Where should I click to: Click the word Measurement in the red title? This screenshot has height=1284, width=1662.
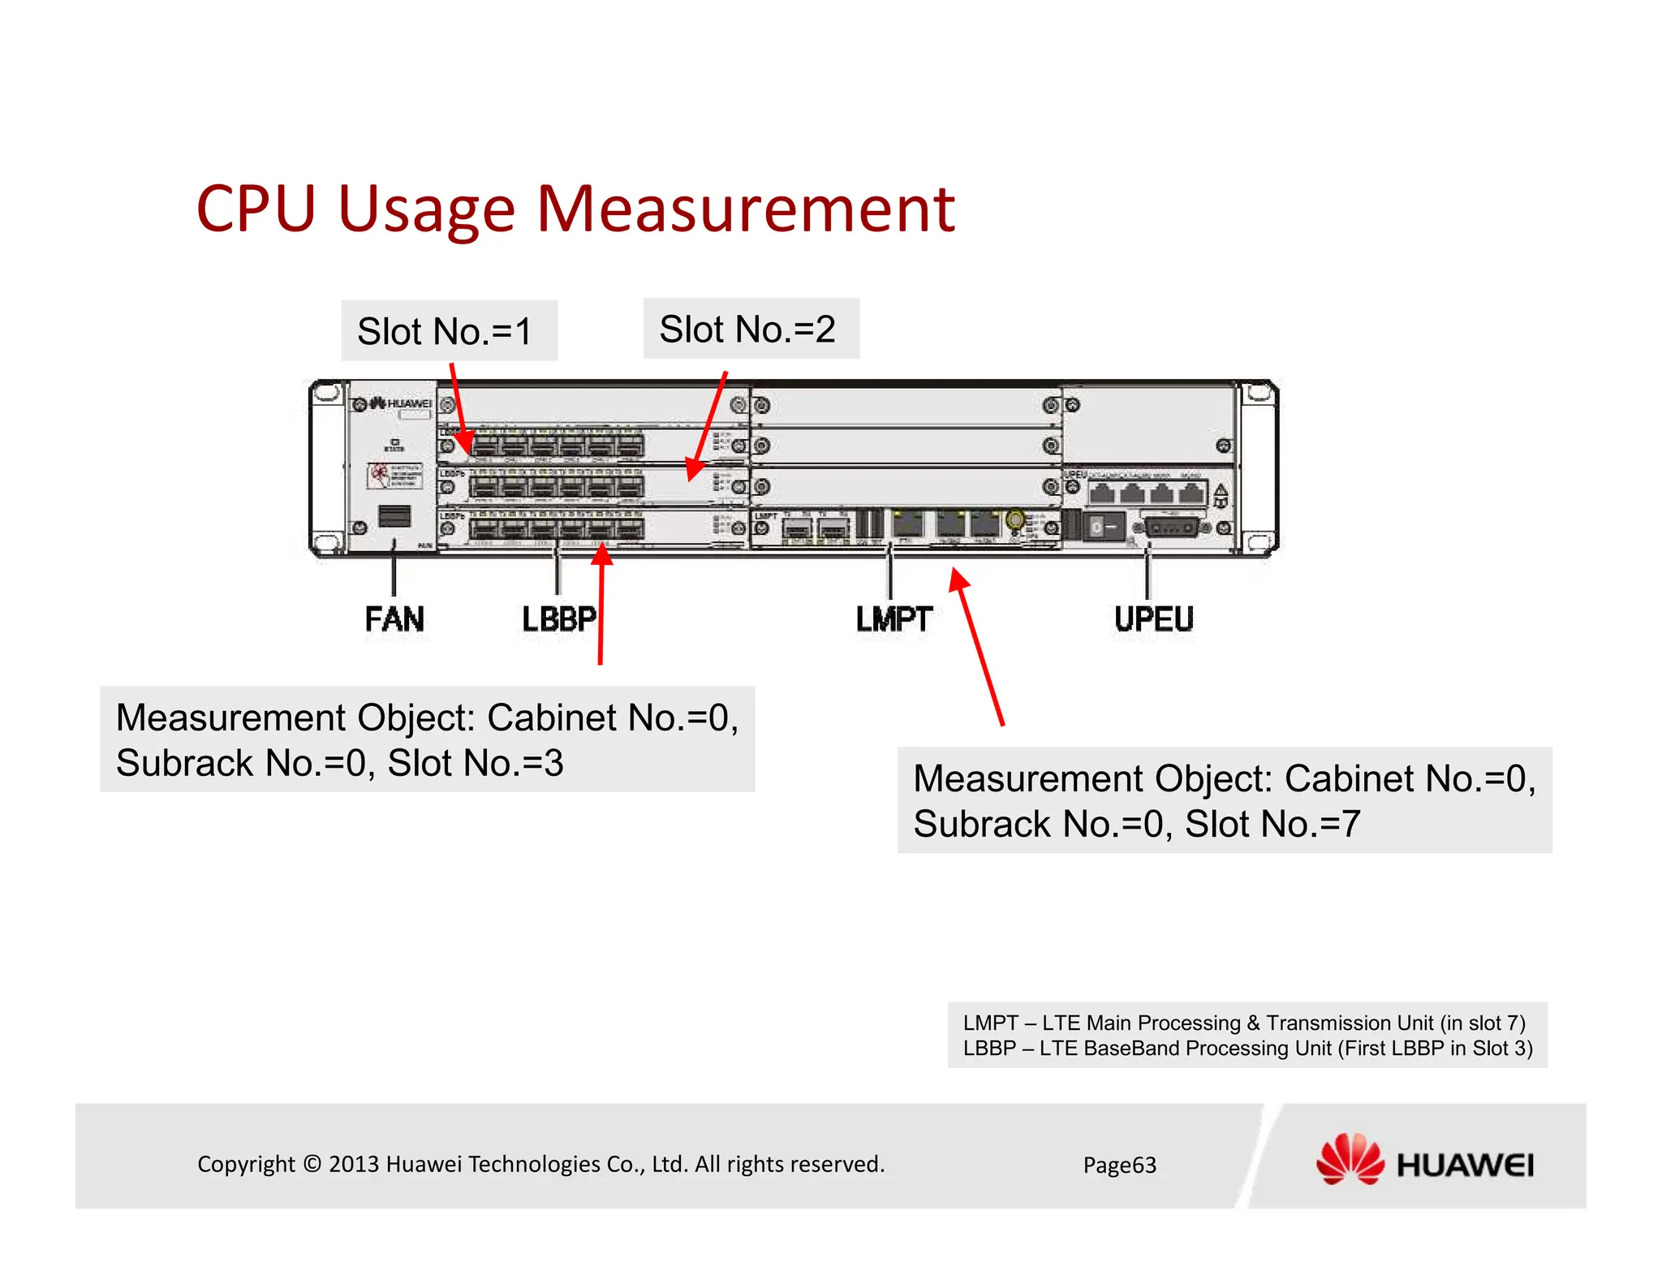point(745,209)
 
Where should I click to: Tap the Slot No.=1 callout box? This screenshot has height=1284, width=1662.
point(449,331)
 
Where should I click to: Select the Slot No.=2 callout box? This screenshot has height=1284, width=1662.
point(751,329)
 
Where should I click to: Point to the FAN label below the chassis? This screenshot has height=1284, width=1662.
point(394,619)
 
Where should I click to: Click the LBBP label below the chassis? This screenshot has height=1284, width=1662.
point(558,619)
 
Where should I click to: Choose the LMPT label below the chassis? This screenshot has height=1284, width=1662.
point(894,619)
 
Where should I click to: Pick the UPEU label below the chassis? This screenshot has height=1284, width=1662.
point(1153,619)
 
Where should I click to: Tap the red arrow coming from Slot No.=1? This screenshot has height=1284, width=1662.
point(459,406)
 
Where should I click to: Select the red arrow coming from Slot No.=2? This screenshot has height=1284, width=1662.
point(707,426)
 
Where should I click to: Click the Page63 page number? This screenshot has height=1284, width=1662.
point(1119,1166)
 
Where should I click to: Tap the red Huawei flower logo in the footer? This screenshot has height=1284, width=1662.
point(1350,1160)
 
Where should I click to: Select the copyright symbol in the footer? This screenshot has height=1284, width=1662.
point(312,1164)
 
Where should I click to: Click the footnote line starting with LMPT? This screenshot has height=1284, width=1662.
point(1244,1023)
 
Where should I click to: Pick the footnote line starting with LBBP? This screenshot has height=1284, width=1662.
point(1247,1049)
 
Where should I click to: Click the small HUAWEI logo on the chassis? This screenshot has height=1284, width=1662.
point(401,403)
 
